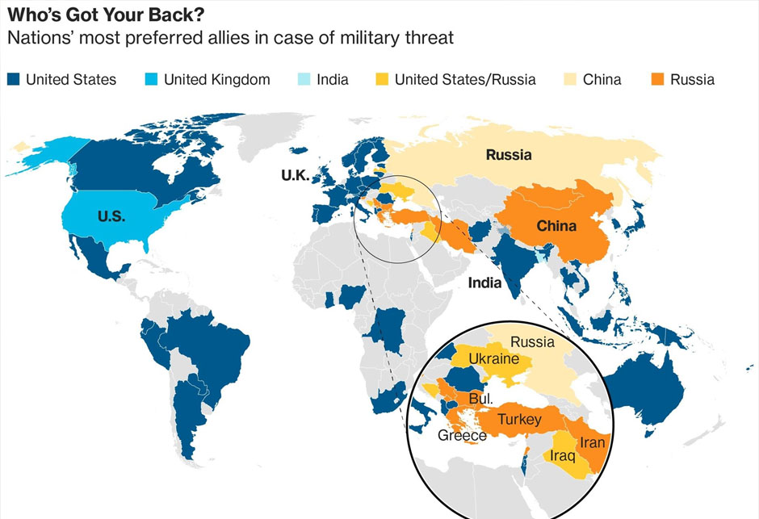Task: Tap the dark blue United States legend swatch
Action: (x=14, y=79)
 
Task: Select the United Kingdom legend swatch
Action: (x=151, y=79)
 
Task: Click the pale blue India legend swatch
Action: (x=304, y=79)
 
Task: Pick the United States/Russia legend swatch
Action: (x=382, y=79)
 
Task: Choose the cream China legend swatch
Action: (x=570, y=79)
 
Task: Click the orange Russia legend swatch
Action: (x=656, y=79)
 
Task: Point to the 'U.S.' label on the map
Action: (x=111, y=216)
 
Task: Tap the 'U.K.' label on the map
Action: (x=296, y=175)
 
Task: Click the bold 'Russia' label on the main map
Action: (x=509, y=155)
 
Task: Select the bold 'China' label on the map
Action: (x=556, y=226)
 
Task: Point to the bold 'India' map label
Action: (x=484, y=283)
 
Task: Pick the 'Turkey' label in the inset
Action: (x=518, y=420)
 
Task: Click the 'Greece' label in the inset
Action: (x=462, y=436)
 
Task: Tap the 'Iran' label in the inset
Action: (x=591, y=442)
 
